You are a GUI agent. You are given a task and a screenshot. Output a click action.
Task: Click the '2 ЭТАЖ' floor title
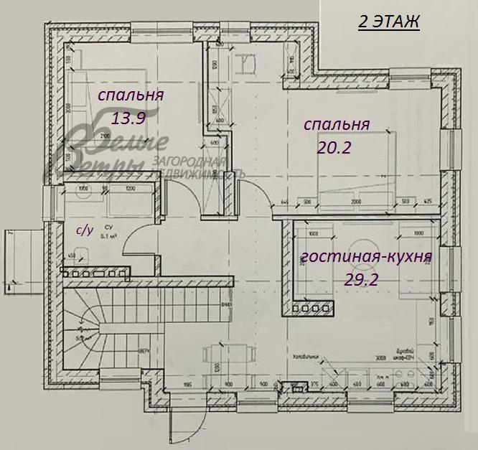pyautogui.click(x=388, y=22)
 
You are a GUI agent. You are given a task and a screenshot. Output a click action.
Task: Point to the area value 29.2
pyautogui.click(x=362, y=280)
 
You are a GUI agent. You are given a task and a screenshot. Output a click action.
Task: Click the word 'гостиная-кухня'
pyautogui.click(x=366, y=257)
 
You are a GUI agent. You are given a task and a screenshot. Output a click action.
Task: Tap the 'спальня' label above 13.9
pyautogui.click(x=131, y=95)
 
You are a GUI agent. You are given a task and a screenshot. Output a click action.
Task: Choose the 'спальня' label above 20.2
pyautogui.click(x=337, y=124)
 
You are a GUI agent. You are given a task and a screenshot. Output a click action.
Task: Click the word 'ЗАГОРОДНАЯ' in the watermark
pyautogui.click(x=191, y=161)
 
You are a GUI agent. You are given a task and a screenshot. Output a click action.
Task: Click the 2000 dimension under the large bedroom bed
pyautogui.click(x=355, y=202)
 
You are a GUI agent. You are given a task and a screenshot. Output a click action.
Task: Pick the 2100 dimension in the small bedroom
pyautogui.click(x=105, y=134)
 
